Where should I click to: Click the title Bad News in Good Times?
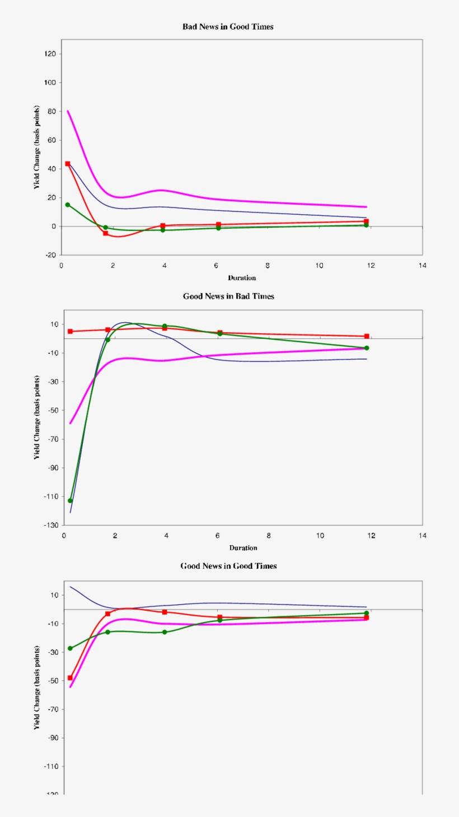point(228,26)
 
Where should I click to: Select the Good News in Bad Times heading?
point(228,296)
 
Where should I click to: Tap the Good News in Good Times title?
point(228,566)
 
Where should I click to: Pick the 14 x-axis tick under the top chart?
point(422,265)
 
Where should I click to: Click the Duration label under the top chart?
point(242,277)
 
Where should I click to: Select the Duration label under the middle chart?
point(243,547)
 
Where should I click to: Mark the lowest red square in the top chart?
point(105,233)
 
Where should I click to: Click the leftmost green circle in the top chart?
point(68,205)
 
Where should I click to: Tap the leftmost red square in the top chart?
point(68,164)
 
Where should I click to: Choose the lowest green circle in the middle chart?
point(71,500)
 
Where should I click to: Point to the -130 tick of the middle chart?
point(51,525)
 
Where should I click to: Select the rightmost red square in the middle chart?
point(367,336)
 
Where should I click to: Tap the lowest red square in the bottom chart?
point(70,678)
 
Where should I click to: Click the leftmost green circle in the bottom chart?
point(70,649)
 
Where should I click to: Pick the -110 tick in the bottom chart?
point(51,767)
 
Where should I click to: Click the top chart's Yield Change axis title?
point(37,147)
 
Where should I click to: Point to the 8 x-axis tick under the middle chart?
point(269,535)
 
